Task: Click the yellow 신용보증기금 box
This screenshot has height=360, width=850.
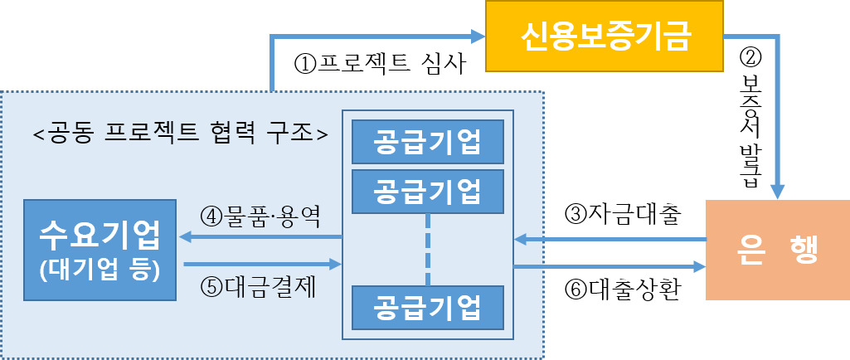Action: tap(606, 36)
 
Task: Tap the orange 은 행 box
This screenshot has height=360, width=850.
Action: tap(776, 250)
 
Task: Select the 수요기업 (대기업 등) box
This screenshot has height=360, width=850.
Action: tap(100, 249)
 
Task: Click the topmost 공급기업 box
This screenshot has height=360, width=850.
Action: tap(427, 142)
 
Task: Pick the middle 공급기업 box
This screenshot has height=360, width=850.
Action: tap(427, 190)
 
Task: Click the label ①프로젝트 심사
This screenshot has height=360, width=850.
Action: tap(378, 64)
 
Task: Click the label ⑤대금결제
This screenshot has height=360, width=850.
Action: tap(260, 287)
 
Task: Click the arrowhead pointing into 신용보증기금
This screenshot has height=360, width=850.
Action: tap(477, 36)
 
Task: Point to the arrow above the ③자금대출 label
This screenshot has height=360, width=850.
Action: tap(610, 239)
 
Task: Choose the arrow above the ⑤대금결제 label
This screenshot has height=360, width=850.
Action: tap(261, 265)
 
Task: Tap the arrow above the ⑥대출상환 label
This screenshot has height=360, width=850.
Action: tap(610, 266)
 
